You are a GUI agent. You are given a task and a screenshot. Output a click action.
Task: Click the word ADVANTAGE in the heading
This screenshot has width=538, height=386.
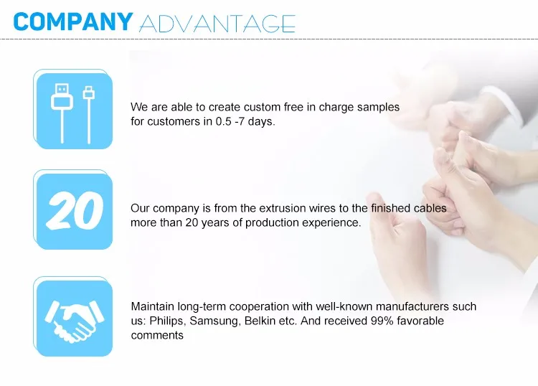pyautogui.click(x=217, y=24)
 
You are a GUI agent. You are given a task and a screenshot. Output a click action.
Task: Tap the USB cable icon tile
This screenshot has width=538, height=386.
pyautogui.click(x=73, y=110)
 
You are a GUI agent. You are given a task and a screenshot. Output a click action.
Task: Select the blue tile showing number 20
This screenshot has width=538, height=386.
pyautogui.click(x=73, y=210)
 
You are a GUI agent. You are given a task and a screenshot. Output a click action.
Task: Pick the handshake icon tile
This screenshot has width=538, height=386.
pyautogui.click(x=73, y=316)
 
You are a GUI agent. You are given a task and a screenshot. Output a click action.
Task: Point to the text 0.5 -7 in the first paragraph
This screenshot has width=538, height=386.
pyautogui.click(x=230, y=121)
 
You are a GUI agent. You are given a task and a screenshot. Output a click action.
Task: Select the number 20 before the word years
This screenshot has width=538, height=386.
pyautogui.click(x=192, y=222)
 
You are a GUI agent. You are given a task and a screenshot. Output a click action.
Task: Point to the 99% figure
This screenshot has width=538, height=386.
pyautogui.click(x=382, y=321)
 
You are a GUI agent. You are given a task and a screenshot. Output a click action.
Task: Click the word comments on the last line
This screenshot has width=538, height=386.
pyautogui.click(x=157, y=335)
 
